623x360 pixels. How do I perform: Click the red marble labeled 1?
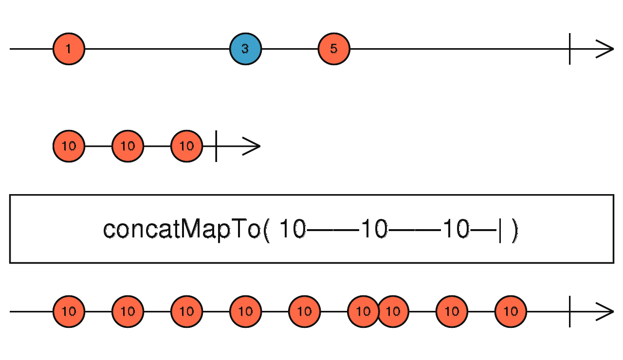(69, 49)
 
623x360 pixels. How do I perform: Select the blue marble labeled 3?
(246, 49)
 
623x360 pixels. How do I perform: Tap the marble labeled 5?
(334, 49)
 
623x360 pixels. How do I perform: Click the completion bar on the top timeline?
(569, 49)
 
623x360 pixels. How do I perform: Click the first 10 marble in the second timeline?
(69, 146)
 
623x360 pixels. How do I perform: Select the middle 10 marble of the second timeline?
(128, 146)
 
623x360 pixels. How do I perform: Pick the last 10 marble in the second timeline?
(186, 146)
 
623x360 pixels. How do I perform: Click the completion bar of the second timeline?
(216, 146)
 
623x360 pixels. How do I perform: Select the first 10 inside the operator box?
(293, 229)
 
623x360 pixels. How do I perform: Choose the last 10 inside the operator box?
(456, 229)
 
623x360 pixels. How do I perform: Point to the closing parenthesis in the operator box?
(515, 230)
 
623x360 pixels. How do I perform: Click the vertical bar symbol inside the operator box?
(500, 230)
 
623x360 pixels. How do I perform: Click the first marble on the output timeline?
(69, 312)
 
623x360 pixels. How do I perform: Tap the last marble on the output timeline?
(511, 312)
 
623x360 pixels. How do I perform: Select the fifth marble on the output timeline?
(305, 312)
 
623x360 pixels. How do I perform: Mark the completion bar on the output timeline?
(569, 312)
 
